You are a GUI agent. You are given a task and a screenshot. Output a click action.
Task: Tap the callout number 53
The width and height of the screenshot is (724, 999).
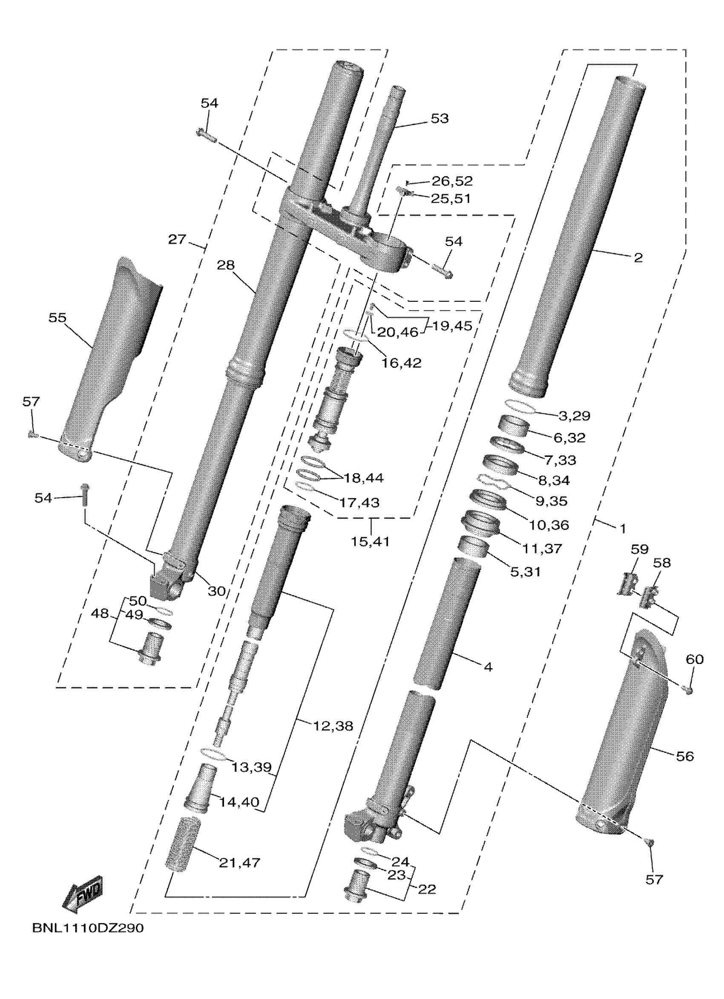tap(439, 118)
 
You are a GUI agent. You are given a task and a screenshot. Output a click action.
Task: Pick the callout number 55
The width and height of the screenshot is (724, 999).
tap(57, 318)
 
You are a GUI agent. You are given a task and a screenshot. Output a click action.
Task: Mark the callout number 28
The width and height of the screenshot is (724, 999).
tap(226, 265)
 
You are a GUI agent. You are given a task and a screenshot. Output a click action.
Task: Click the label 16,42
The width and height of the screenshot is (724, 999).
tap(402, 363)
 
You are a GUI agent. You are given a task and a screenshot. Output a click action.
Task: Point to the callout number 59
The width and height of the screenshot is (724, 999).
tap(639, 549)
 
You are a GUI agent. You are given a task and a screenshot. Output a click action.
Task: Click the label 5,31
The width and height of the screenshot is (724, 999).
tap(525, 572)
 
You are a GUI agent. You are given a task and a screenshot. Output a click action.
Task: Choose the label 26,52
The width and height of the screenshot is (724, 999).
tap(452, 180)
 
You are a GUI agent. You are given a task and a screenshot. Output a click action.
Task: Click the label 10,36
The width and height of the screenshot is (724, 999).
tap(549, 524)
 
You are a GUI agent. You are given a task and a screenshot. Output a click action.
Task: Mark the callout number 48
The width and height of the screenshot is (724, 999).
tap(100, 613)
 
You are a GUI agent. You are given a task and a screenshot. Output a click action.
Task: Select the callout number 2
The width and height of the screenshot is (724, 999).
tap(638, 258)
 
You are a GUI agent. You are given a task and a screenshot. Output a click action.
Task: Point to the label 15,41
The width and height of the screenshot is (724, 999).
tap(371, 541)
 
